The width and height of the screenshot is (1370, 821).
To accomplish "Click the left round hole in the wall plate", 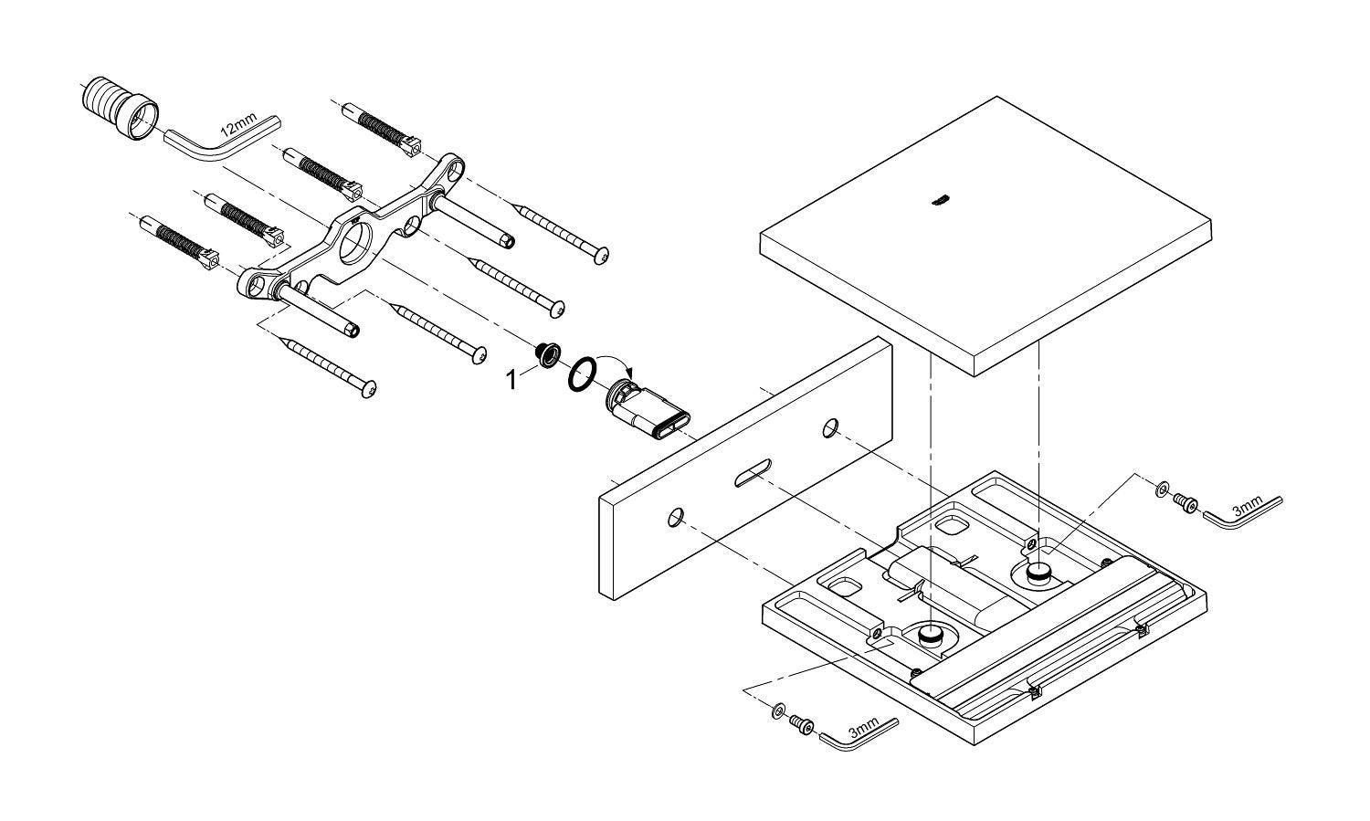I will [676, 517].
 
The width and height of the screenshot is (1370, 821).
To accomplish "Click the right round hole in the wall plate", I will [831, 426].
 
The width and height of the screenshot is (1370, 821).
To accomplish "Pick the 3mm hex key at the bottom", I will [859, 730].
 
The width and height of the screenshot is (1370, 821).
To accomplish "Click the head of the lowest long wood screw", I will [368, 390].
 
